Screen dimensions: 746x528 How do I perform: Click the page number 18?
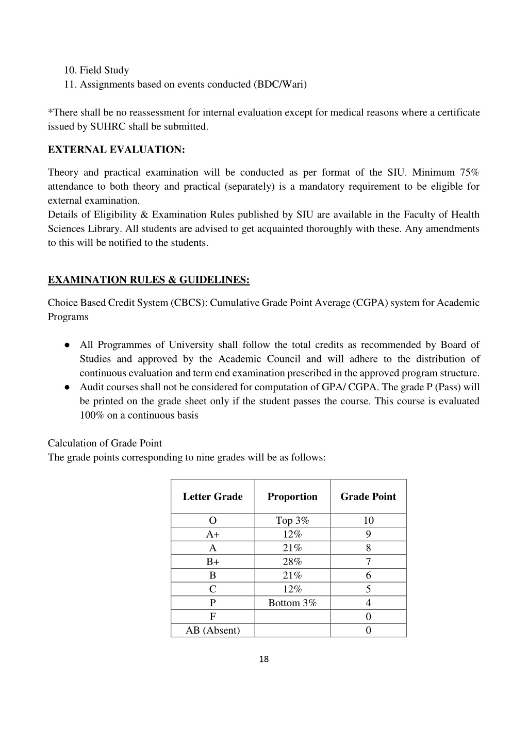pos(264,659)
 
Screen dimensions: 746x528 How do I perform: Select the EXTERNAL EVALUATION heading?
pos(116,150)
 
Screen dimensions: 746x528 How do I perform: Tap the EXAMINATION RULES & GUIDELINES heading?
pos(148,279)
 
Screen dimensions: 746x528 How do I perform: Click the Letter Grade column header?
pos(212,496)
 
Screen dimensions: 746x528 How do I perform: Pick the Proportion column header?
pos(292,496)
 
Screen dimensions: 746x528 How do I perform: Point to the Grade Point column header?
pos(368,496)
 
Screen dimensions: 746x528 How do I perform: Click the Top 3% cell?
pos(292,520)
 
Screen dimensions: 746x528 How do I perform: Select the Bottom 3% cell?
pos(292,603)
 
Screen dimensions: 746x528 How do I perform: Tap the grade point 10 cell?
pos(368,520)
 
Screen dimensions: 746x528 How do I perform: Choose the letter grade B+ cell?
pos(212,561)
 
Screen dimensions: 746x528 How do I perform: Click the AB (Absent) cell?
pos(212,630)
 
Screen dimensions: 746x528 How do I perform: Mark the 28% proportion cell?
pos(292,561)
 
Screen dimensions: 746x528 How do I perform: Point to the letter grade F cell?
pos(212,617)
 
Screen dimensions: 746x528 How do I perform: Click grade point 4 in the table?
pos(368,603)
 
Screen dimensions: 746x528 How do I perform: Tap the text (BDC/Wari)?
pos(279,84)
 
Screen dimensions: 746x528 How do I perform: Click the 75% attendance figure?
pos(469,172)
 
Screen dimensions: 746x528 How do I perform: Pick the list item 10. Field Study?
pos(96,70)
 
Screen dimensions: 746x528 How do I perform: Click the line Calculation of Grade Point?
pos(105,443)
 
